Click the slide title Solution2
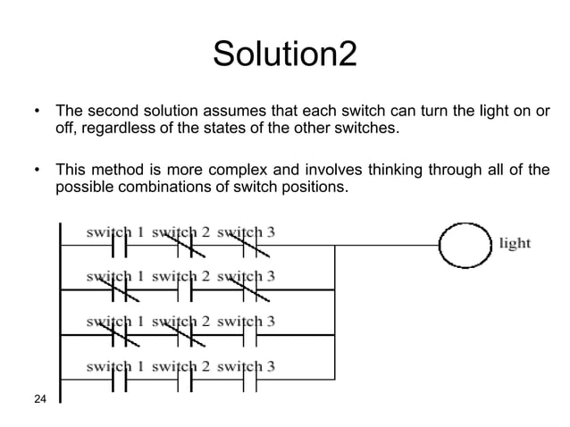tap(284, 55)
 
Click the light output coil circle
tap(464, 242)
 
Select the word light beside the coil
tap(516, 242)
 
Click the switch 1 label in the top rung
tap(116, 231)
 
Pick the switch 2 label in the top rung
tap(181, 231)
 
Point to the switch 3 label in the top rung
tap(246, 231)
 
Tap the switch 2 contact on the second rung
tap(185, 289)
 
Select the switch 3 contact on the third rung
tap(251, 334)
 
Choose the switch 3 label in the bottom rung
tap(246, 365)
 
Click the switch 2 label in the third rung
tap(181, 321)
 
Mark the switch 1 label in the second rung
tap(116, 275)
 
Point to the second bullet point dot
tap(36, 170)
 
